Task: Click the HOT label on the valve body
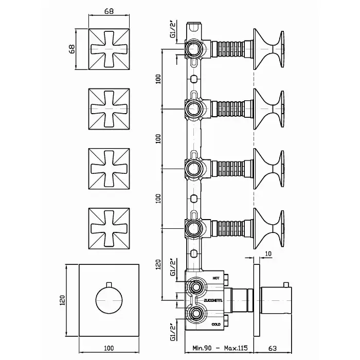216,278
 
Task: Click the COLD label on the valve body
216,324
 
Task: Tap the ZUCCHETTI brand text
213,300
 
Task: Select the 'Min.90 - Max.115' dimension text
220,348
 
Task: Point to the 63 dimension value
272,348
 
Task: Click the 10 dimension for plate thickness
268,254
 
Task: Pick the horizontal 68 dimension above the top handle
109,11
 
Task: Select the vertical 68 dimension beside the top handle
72,49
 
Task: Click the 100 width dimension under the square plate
109,348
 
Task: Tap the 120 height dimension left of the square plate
62,300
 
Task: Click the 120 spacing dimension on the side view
158,264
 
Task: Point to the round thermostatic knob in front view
109,300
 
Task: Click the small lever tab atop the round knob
109,284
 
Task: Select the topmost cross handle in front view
109,49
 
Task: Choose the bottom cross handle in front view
109,229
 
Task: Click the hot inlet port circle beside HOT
196,287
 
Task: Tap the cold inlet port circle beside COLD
196,314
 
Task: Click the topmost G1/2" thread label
173,29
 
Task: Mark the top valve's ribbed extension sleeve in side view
230,49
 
